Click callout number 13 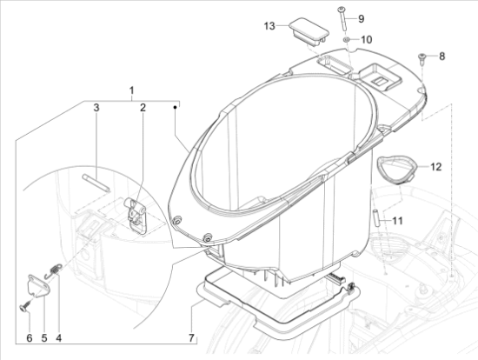point(269,26)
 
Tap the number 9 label point(361,19)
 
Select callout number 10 point(367,40)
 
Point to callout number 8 point(441,57)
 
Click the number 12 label point(436,167)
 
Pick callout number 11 point(397,220)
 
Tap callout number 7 point(191,337)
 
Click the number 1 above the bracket point(131,90)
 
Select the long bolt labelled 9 point(342,18)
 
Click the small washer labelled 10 point(347,39)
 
